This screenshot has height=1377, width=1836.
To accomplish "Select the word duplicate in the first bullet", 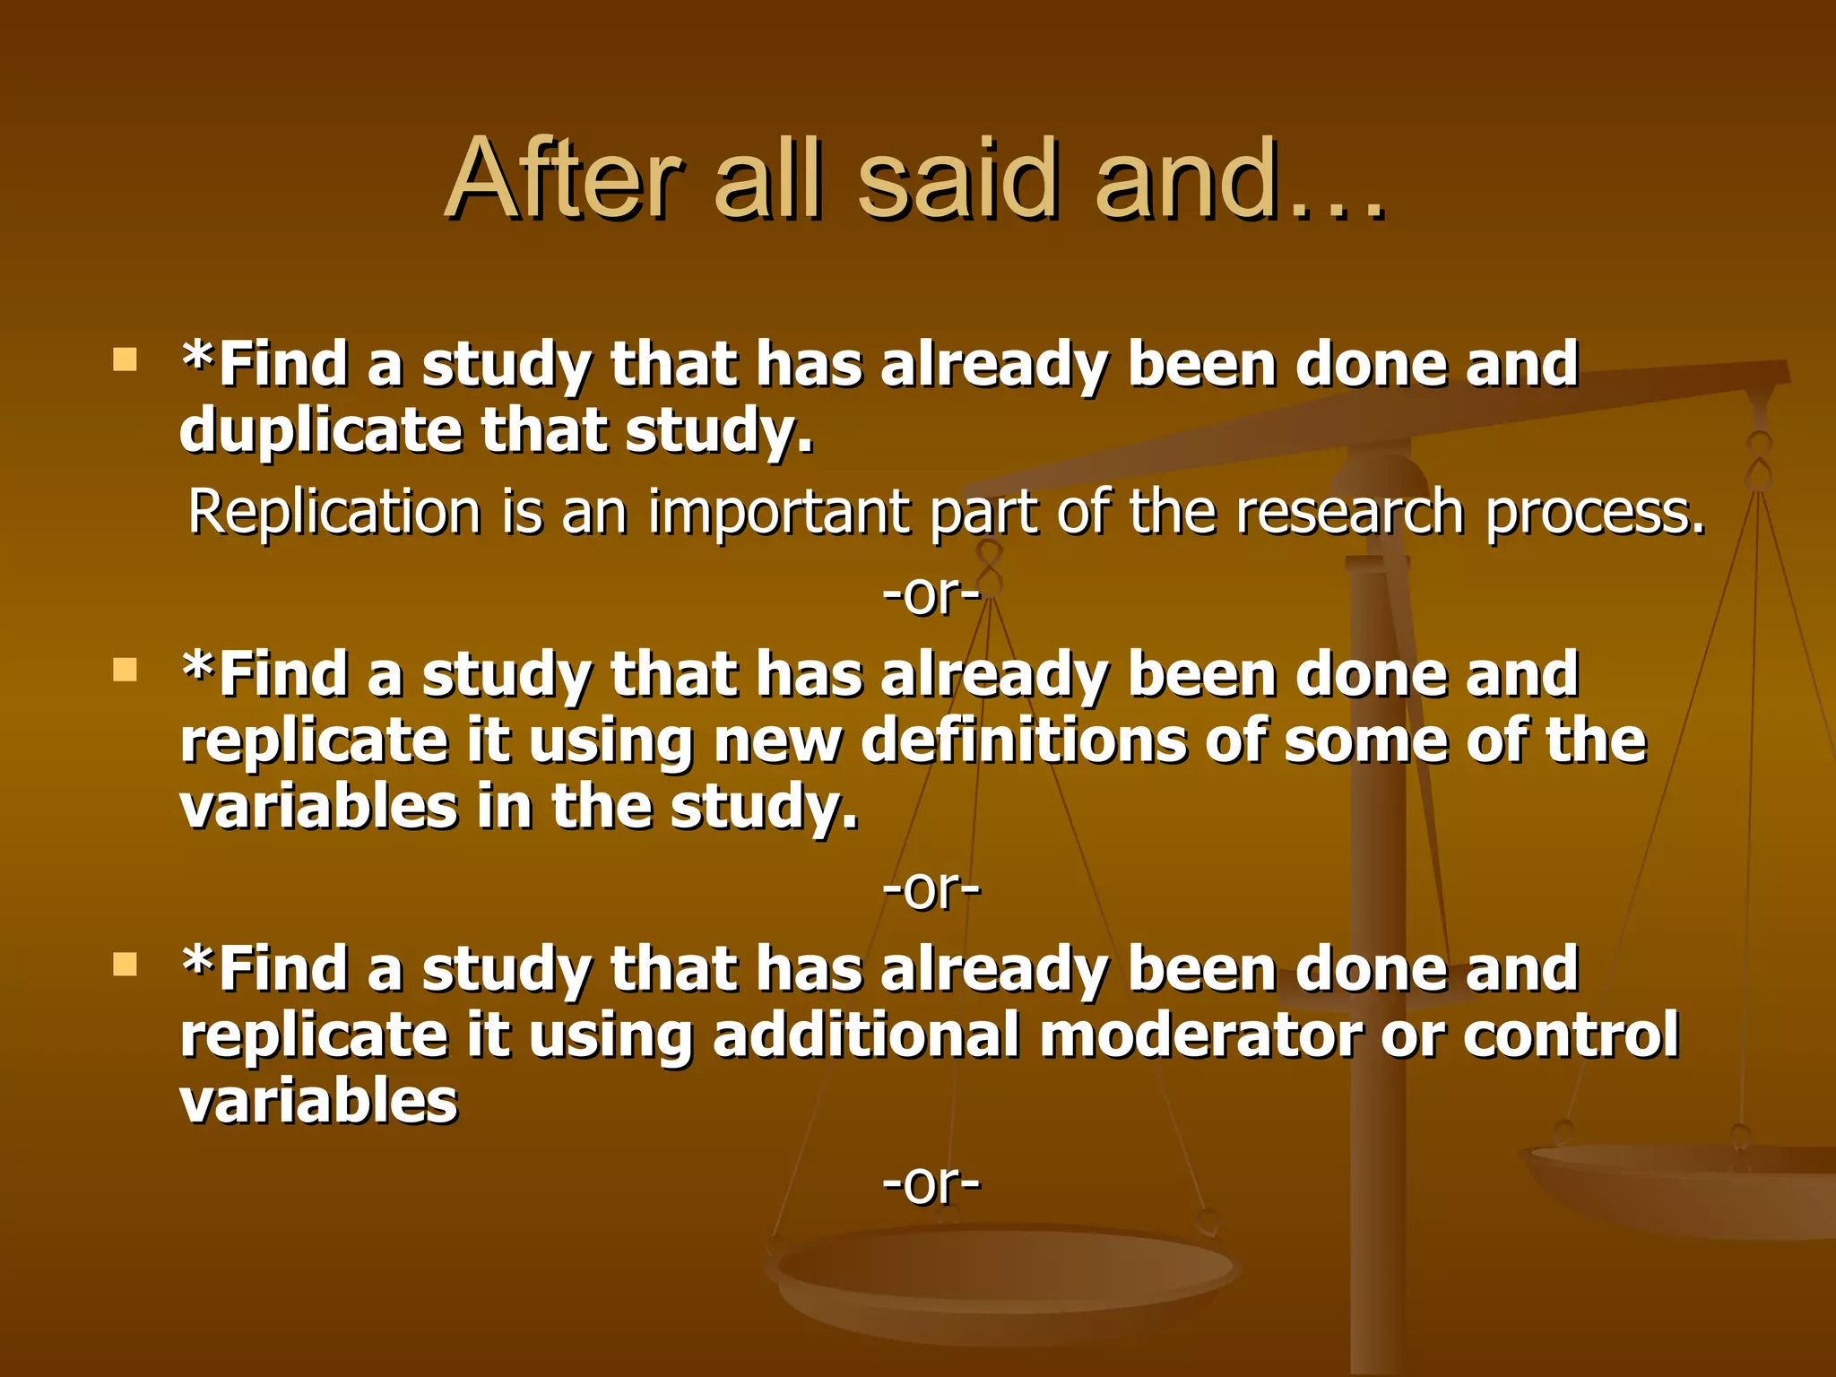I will [x=320, y=431].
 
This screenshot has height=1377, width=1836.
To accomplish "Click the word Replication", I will [x=334, y=512].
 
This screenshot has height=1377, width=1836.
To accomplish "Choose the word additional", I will [x=866, y=1035].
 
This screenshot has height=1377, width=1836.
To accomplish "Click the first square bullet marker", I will [x=125, y=360].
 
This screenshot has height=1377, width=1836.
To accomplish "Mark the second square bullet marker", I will [x=125, y=670].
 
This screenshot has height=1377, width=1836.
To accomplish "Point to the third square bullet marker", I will [x=125, y=965].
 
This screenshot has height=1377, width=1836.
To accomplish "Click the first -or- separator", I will [x=931, y=594].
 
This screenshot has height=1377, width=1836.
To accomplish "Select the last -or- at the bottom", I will [x=931, y=1183].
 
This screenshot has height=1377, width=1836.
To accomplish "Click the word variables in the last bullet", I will [x=319, y=1101].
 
